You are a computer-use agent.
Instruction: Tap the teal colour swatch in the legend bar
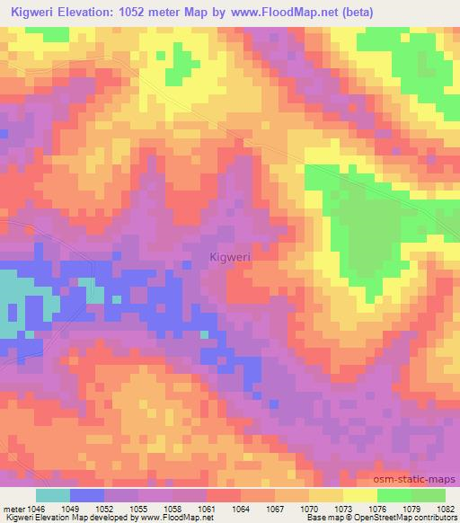(53, 495)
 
